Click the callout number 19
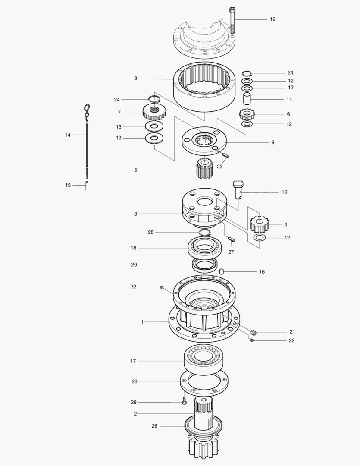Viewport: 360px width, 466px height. pyautogui.click(x=272, y=19)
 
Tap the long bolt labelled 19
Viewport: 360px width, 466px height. pyautogui.click(x=232, y=20)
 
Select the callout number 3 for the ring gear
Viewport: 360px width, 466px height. pyautogui.click(x=135, y=79)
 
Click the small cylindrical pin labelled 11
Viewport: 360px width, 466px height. pyautogui.click(x=247, y=99)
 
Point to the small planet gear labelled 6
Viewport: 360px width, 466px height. pyautogui.click(x=247, y=114)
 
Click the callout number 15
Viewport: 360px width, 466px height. pyautogui.click(x=68, y=185)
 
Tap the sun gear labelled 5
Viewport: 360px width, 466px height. pyautogui.click(x=205, y=168)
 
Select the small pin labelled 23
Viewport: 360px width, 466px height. pyautogui.click(x=226, y=155)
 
